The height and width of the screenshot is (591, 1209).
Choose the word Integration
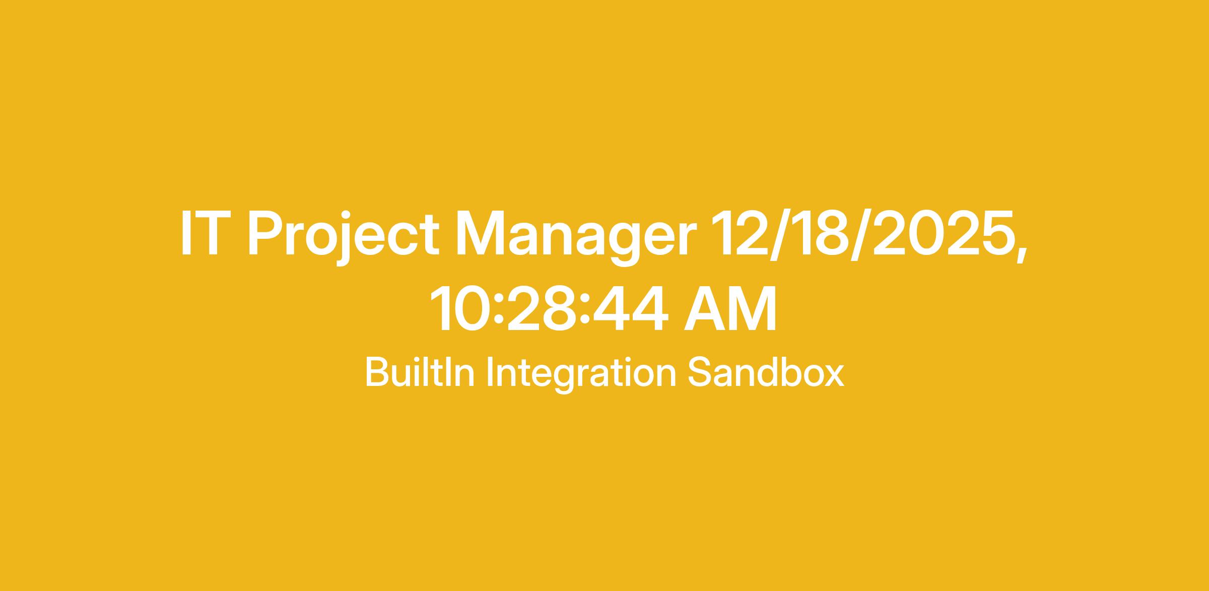581,375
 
